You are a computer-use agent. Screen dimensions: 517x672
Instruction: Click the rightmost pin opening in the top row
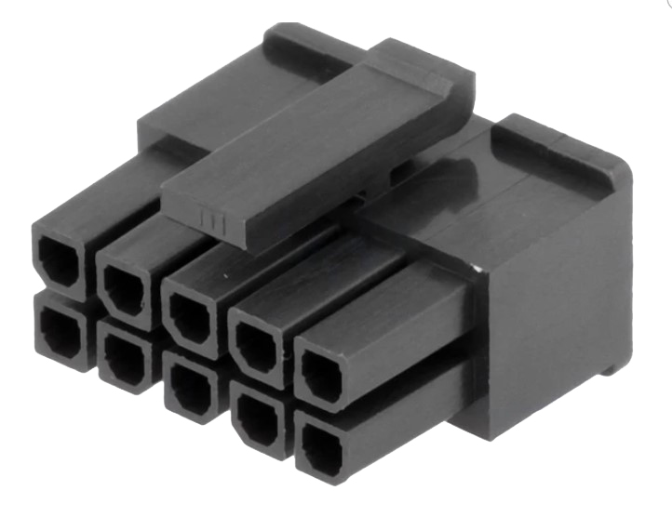coord(322,377)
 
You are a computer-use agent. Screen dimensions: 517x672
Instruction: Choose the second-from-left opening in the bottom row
coord(121,358)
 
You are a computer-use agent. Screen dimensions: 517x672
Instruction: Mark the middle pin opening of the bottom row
coord(186,386)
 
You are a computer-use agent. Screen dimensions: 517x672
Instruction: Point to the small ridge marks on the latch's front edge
coord(211,219)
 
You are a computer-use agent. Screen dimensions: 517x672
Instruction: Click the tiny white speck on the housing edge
coord(475,270)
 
